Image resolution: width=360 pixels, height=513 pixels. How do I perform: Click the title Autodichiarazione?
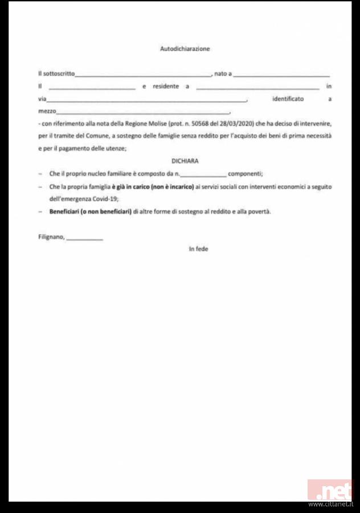pyautogui.click(x=185, y=49)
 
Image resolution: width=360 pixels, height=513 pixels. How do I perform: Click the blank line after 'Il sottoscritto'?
pyautogui.click(x=143, y=75)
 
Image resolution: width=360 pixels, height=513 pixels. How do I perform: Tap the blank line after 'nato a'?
pyautogui.click(x=281, y=75)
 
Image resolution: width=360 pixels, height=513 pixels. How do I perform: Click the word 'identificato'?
pyautogui.click(x=288, y=99)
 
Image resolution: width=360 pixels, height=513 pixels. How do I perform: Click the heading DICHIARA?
pyautogui.click(x=185, y=161)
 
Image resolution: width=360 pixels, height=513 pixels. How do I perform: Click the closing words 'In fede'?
pyautogui.click(x=198, y=249)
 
